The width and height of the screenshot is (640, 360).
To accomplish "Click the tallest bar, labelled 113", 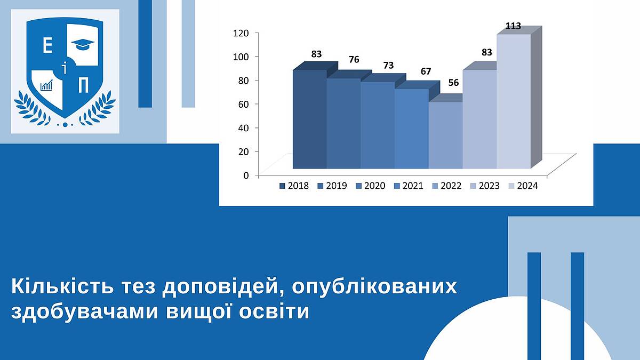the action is [x=514, y=101].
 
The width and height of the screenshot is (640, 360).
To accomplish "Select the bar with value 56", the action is [x=445, y=135].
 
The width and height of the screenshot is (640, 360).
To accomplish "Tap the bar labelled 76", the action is [x=343, y=123].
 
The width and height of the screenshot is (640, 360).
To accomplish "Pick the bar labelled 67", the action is [x=411, y=129].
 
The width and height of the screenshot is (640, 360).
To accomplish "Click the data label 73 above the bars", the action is [x=388, y=66].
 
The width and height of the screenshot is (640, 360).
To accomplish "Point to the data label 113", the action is [x=514, y=26].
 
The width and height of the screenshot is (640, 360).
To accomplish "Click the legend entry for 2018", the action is [x=294, y=186].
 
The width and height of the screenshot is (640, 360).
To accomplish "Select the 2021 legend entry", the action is [x=409, y=186].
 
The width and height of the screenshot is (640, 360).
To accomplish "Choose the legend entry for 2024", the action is [x=523, y=186].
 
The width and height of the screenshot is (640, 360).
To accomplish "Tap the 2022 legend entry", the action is [x=447, y=186].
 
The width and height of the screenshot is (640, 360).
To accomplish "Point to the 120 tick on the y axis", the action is [x=241, y=34].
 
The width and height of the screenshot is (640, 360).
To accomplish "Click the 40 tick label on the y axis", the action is [x=244, y=127].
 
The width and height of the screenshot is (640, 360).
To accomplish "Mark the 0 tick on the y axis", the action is [x=246, y=175].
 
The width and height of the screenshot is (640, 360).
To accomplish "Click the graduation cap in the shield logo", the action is [x=83, y=44].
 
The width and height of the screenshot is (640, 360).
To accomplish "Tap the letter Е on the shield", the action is [x=47, y=46].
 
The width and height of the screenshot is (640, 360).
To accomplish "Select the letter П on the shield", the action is [x=83, y=85].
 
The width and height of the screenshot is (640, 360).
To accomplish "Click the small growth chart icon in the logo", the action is [x=46, y=85].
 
